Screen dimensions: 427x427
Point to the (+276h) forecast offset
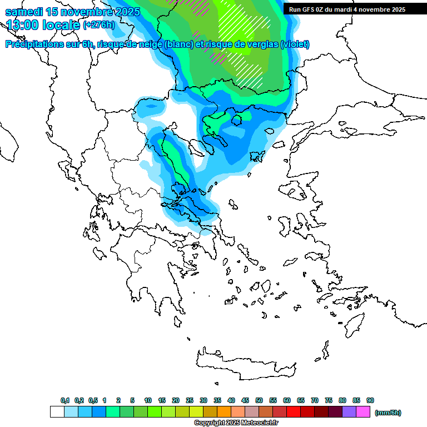(98, 24)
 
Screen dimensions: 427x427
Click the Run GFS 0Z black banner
(347, 9)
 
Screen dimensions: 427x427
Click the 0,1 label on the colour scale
(65, 400)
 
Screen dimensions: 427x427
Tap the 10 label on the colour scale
(148, 400)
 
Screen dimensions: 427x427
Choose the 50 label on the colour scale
(259, 400)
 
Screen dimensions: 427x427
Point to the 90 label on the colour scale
(370, 400)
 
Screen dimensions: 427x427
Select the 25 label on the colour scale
(190, 400)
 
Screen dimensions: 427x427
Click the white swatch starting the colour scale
(57, 412)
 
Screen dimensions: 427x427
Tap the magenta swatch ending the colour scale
(363, 412)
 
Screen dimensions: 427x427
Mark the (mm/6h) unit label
(388, 413)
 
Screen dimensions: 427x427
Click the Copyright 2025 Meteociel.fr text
(236, 423)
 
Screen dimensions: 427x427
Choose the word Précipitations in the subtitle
(33, 44)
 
